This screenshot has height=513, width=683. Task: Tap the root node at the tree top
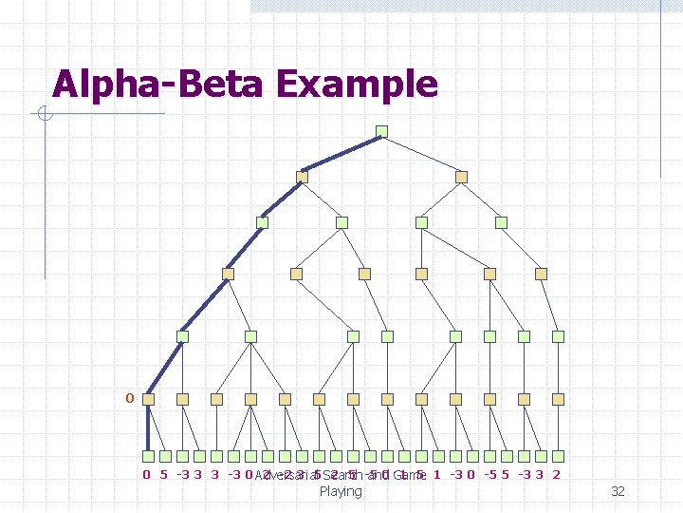coord(381,131)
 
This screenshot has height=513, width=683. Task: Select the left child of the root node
coord(302,177)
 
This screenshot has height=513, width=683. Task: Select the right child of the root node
coord(461,177)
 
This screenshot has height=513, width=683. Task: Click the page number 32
coord(618,491)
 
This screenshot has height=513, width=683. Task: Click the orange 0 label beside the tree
coord(129,397)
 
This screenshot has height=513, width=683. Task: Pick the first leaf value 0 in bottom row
coord(146,474)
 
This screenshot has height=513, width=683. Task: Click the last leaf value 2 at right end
coord(556,474)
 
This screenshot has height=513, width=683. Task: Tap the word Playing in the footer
coord(341,491)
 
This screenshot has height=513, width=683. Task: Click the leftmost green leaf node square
coord(148,456)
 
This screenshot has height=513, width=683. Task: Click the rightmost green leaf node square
coord(559,456)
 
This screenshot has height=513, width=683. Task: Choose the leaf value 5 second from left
coord(164,474)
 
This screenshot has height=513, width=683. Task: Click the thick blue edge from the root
coord(341,154)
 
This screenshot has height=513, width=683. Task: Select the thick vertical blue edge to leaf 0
coord(148,427)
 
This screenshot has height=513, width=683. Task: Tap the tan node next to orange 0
coord(148,399)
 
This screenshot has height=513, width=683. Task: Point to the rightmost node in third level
coord(502,222)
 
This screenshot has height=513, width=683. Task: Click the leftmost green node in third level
coord(262,222)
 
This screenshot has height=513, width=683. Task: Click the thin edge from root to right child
coord(421,154)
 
